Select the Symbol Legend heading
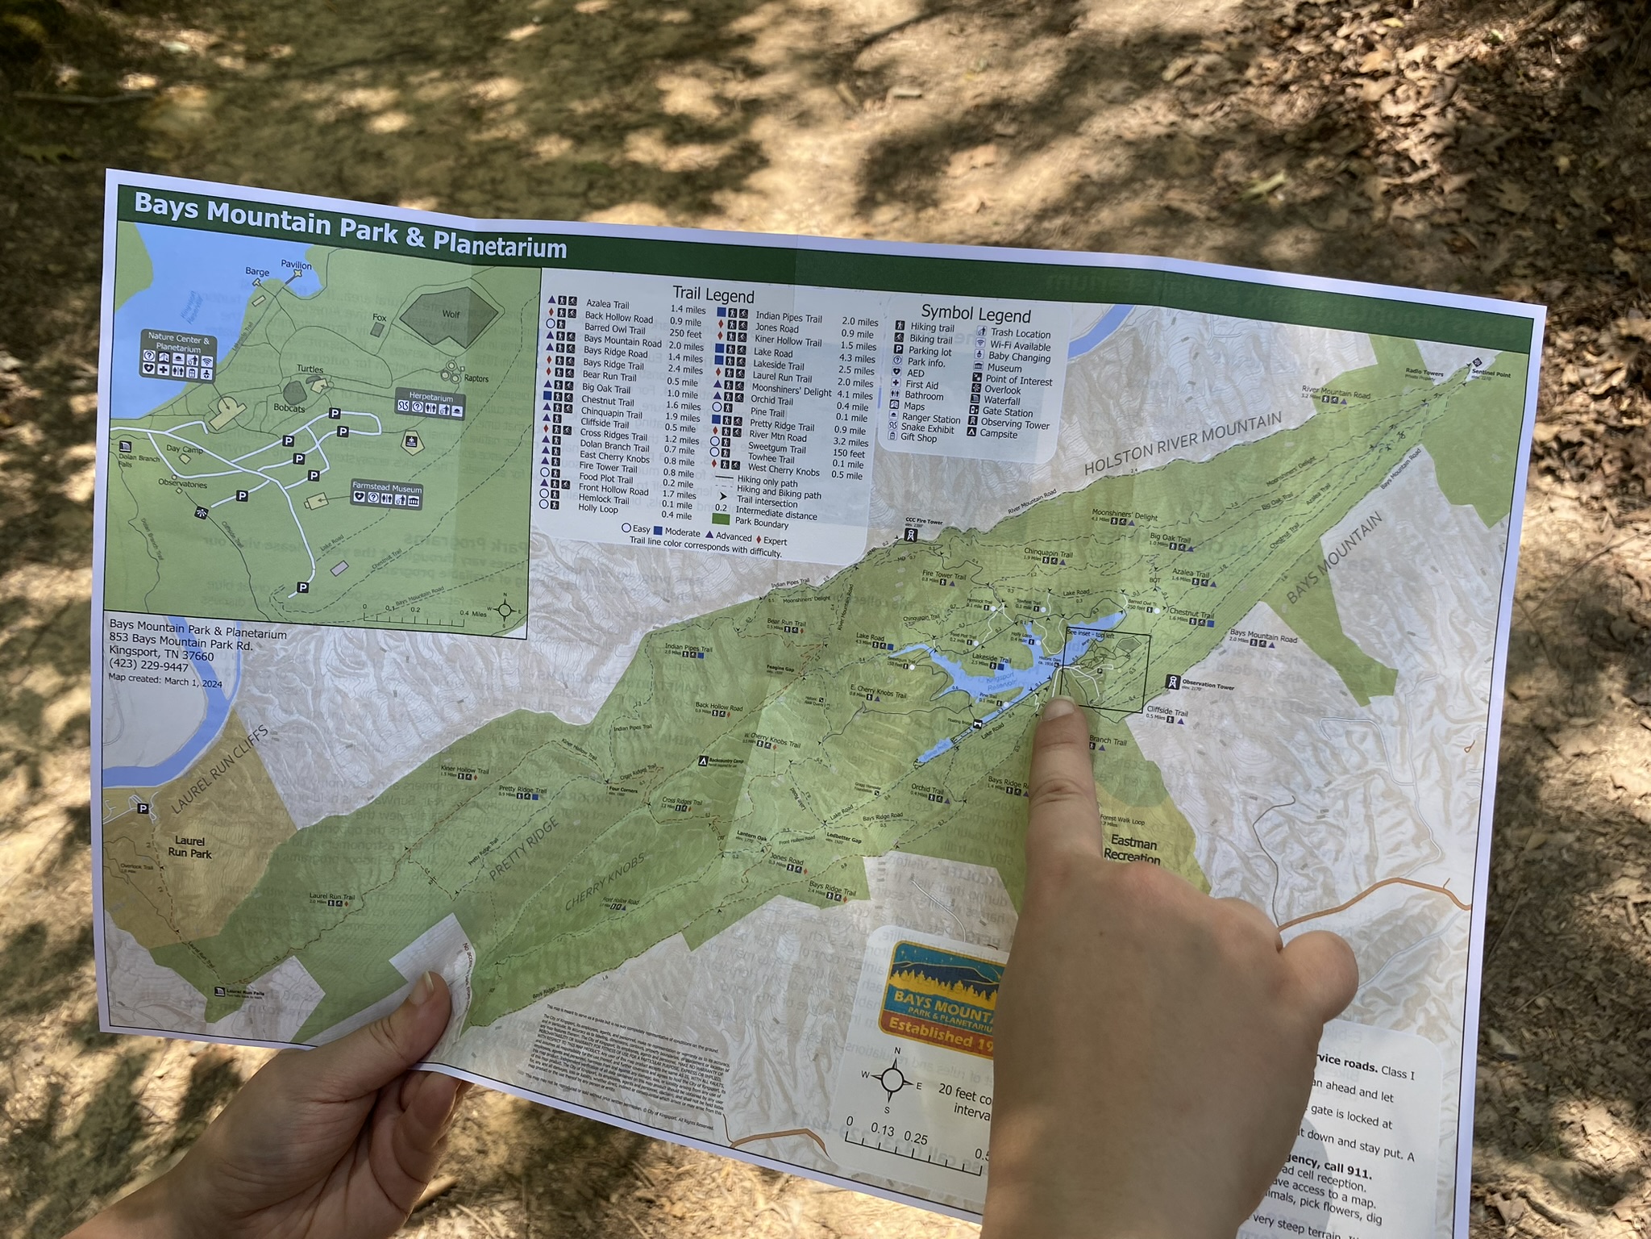(x=975, y=313)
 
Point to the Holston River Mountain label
(x=1182, y=443)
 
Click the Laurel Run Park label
(x=189, y=847)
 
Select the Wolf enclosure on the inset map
(x=449, y=313)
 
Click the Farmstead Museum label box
(x=386, y=494)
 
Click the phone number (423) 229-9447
(x=148, y=667)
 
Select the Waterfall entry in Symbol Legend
(x=1002, y=401)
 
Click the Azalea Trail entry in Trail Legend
(x=608, y=305)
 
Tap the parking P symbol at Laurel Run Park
(x=143, y=808)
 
